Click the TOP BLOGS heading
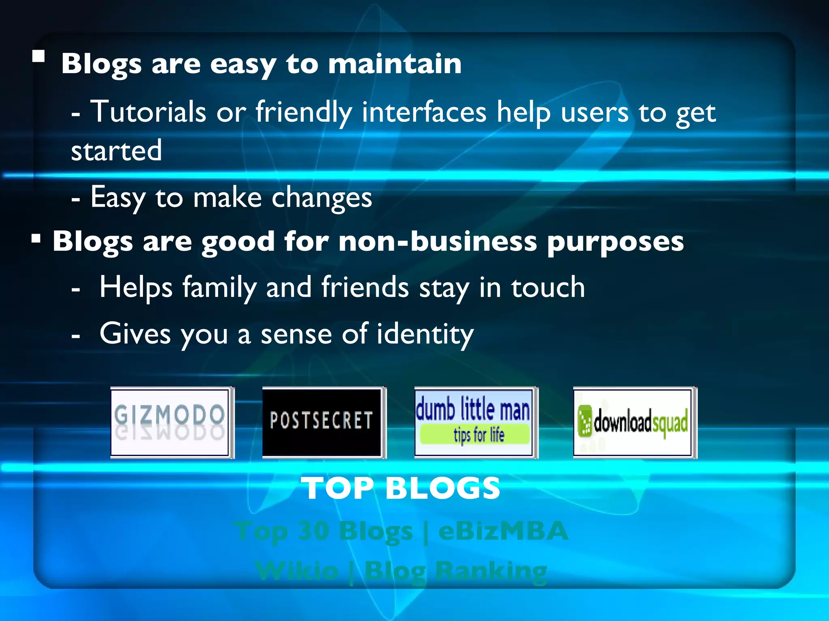coord(401,488)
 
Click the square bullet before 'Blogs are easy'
coord(38,56)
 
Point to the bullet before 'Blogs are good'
coord(36,239)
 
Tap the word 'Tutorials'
coord(148,112)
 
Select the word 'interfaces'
coord(424,112)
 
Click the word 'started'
coord(117,150)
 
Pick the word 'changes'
coord(321,198)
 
